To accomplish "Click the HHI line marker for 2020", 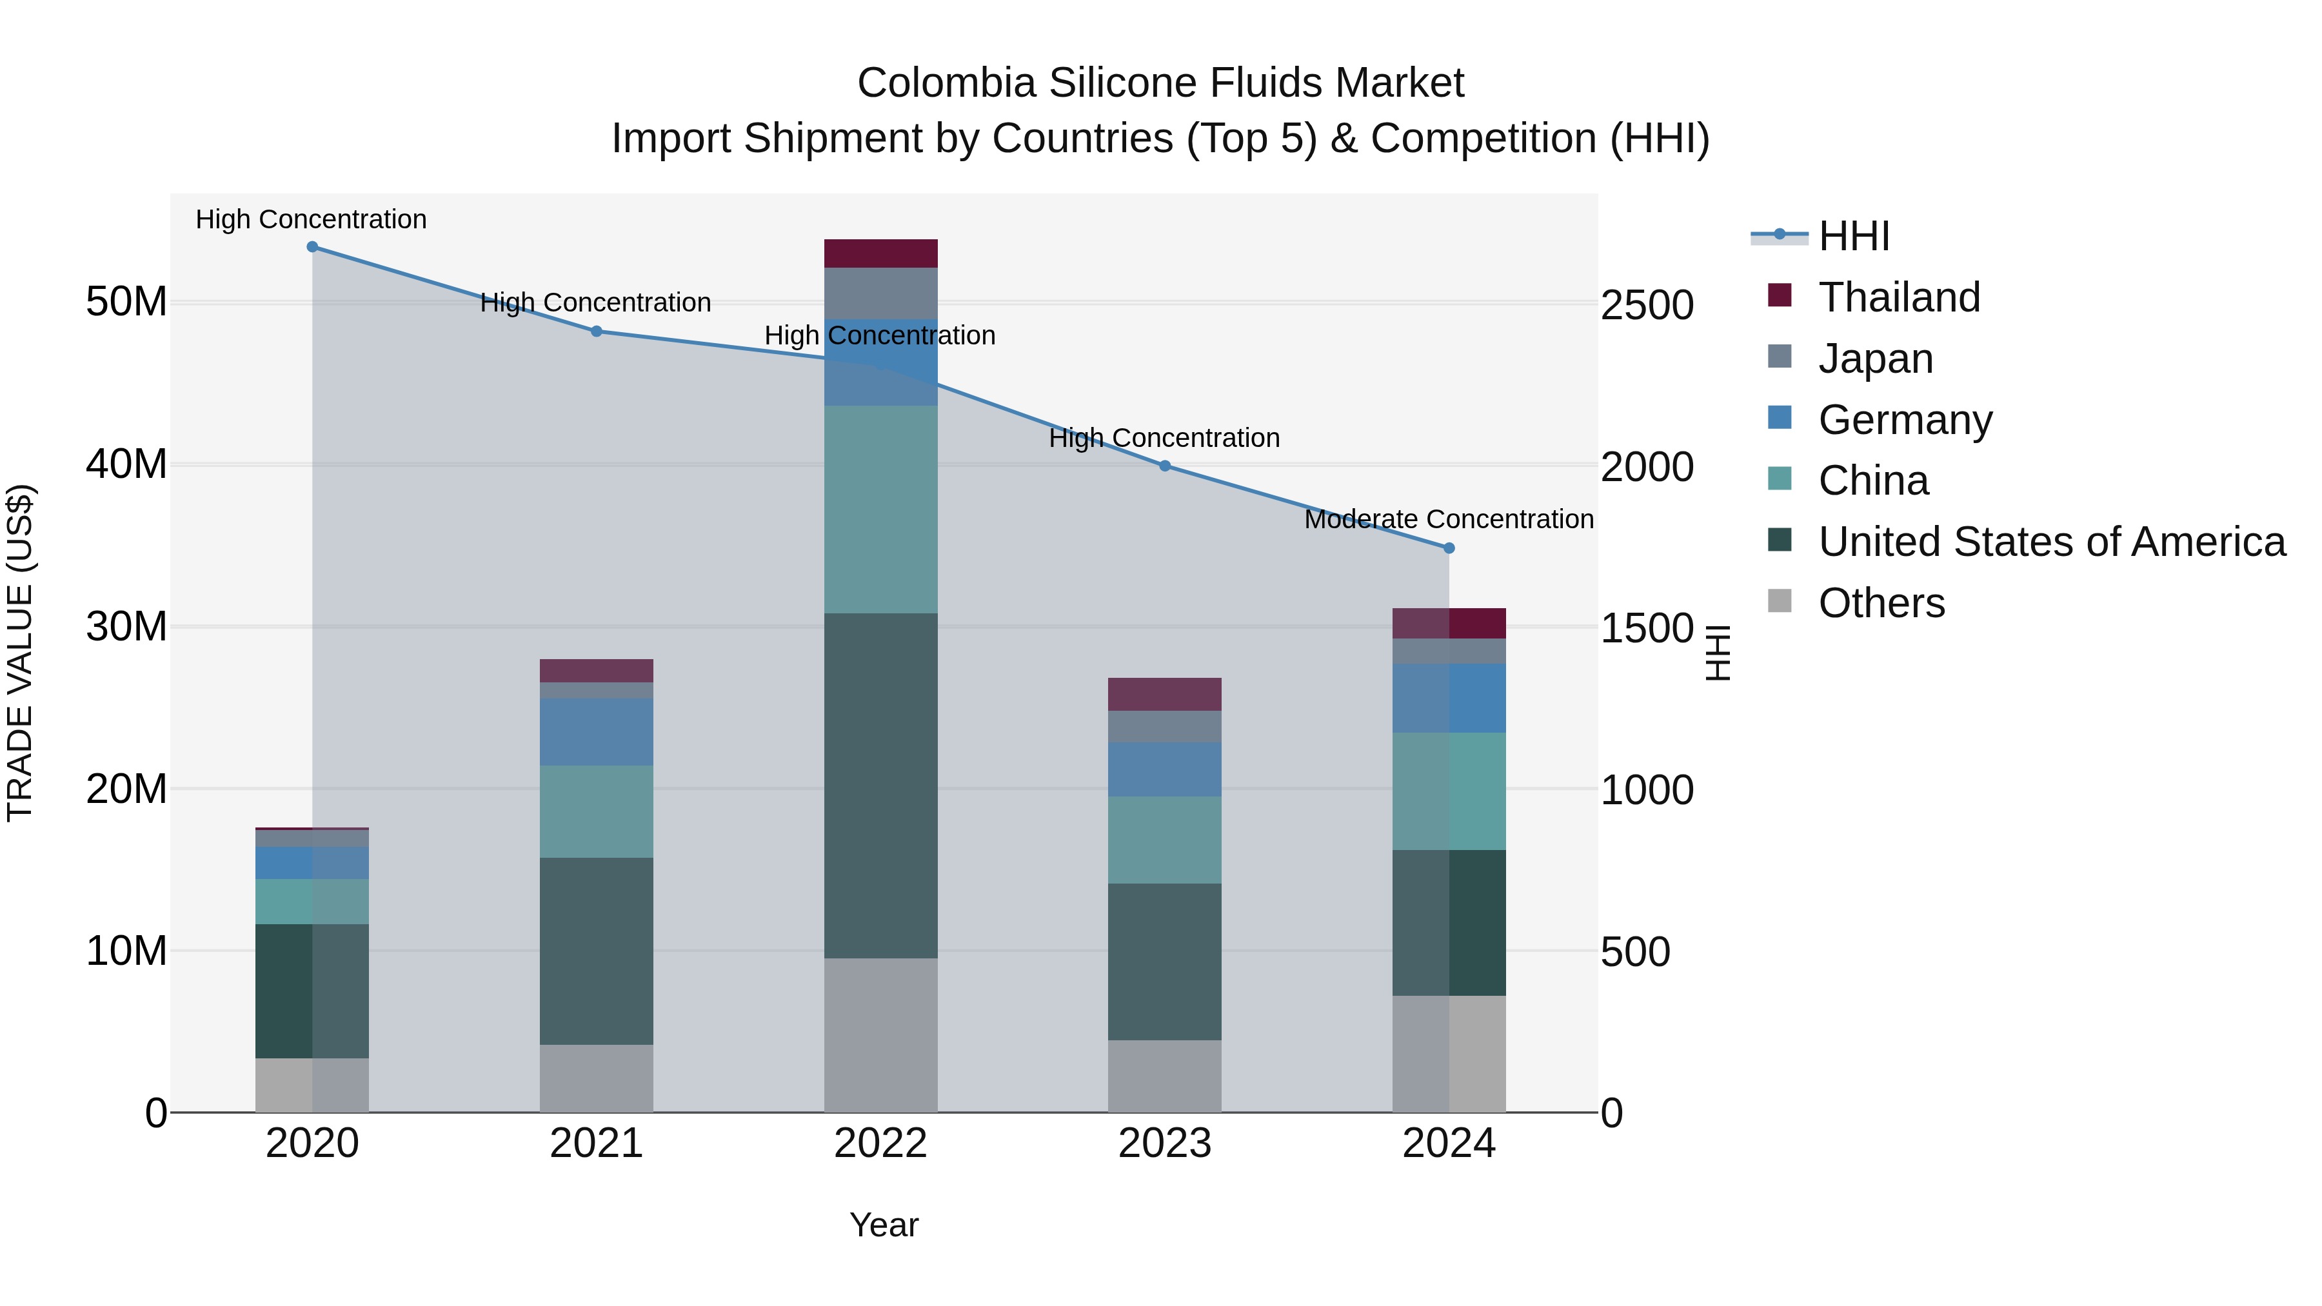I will tap(312, 247).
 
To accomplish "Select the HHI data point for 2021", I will tap(596, 331).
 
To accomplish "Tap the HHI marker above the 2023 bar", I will tap(1165, 466).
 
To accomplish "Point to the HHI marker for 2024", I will tap(1449, 548).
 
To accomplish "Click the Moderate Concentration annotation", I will tap(1449, 520).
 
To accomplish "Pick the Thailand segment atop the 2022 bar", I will tap(880, 253).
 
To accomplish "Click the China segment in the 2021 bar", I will tap(596, 811).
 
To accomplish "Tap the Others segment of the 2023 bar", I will tap(1165, 1076).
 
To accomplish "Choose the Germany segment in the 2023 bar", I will tap(1165, 769).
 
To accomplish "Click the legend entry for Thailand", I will tap(1898, 297).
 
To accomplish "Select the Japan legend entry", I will tap(1875, 359).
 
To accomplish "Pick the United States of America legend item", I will tap(2050, 542).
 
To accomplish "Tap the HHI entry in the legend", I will tap(1853, 236).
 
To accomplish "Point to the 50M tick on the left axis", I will tap(126, 301).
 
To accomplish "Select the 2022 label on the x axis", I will tap(880, 1143).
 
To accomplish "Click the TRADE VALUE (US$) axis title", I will tap(21, 653).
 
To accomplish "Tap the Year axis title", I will tap(884, 1225).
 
